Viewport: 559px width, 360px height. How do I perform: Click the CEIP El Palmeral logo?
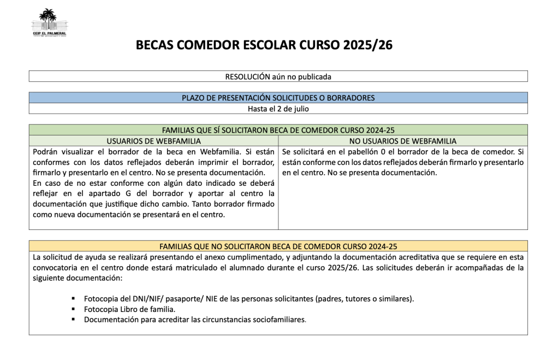(49, 23)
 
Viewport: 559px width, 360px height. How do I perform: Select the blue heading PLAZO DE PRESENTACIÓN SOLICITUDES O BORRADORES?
(278, 98)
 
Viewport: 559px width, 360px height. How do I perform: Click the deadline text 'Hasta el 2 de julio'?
(278, 108)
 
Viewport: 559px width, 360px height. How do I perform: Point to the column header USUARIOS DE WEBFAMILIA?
(153, 141)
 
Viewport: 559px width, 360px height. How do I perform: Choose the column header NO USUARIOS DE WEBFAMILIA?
(403, 141)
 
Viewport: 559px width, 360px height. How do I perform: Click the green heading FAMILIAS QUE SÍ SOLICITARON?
(278, 130)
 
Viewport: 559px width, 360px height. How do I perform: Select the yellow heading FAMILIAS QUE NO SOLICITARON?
(278, 246)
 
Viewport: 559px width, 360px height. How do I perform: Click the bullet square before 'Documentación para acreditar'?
(72, 320)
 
